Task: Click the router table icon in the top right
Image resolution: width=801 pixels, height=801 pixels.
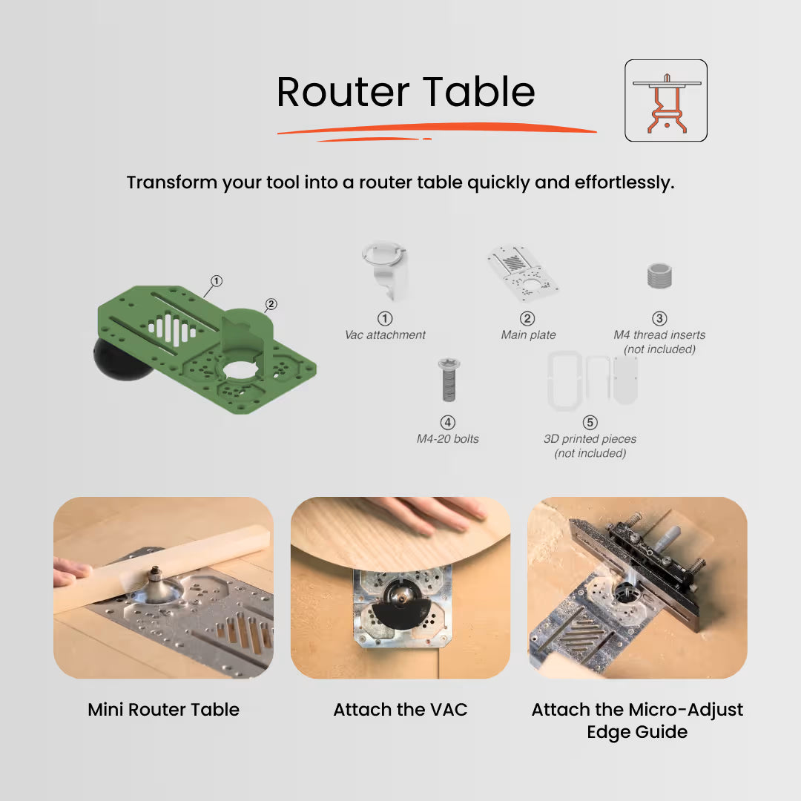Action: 665,101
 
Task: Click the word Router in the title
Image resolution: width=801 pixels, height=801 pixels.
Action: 343,92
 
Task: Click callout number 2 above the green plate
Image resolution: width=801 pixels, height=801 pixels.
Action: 271,304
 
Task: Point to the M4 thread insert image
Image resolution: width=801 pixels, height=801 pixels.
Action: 659,279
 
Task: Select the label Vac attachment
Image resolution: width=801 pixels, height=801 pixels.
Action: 385,335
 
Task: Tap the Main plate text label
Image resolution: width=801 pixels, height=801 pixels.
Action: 528,335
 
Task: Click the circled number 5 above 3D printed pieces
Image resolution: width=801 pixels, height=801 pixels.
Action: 590,423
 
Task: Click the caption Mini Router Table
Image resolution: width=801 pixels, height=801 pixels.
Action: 163,710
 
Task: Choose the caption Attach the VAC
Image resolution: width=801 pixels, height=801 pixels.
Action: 400,710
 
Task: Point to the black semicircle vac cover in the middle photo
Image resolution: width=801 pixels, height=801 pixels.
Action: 400,613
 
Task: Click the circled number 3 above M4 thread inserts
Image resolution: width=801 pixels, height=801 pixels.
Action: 659,319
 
